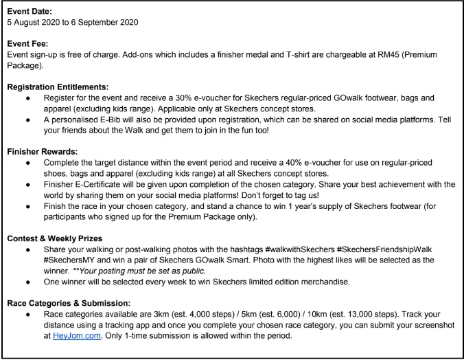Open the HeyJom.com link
[73, 346]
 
